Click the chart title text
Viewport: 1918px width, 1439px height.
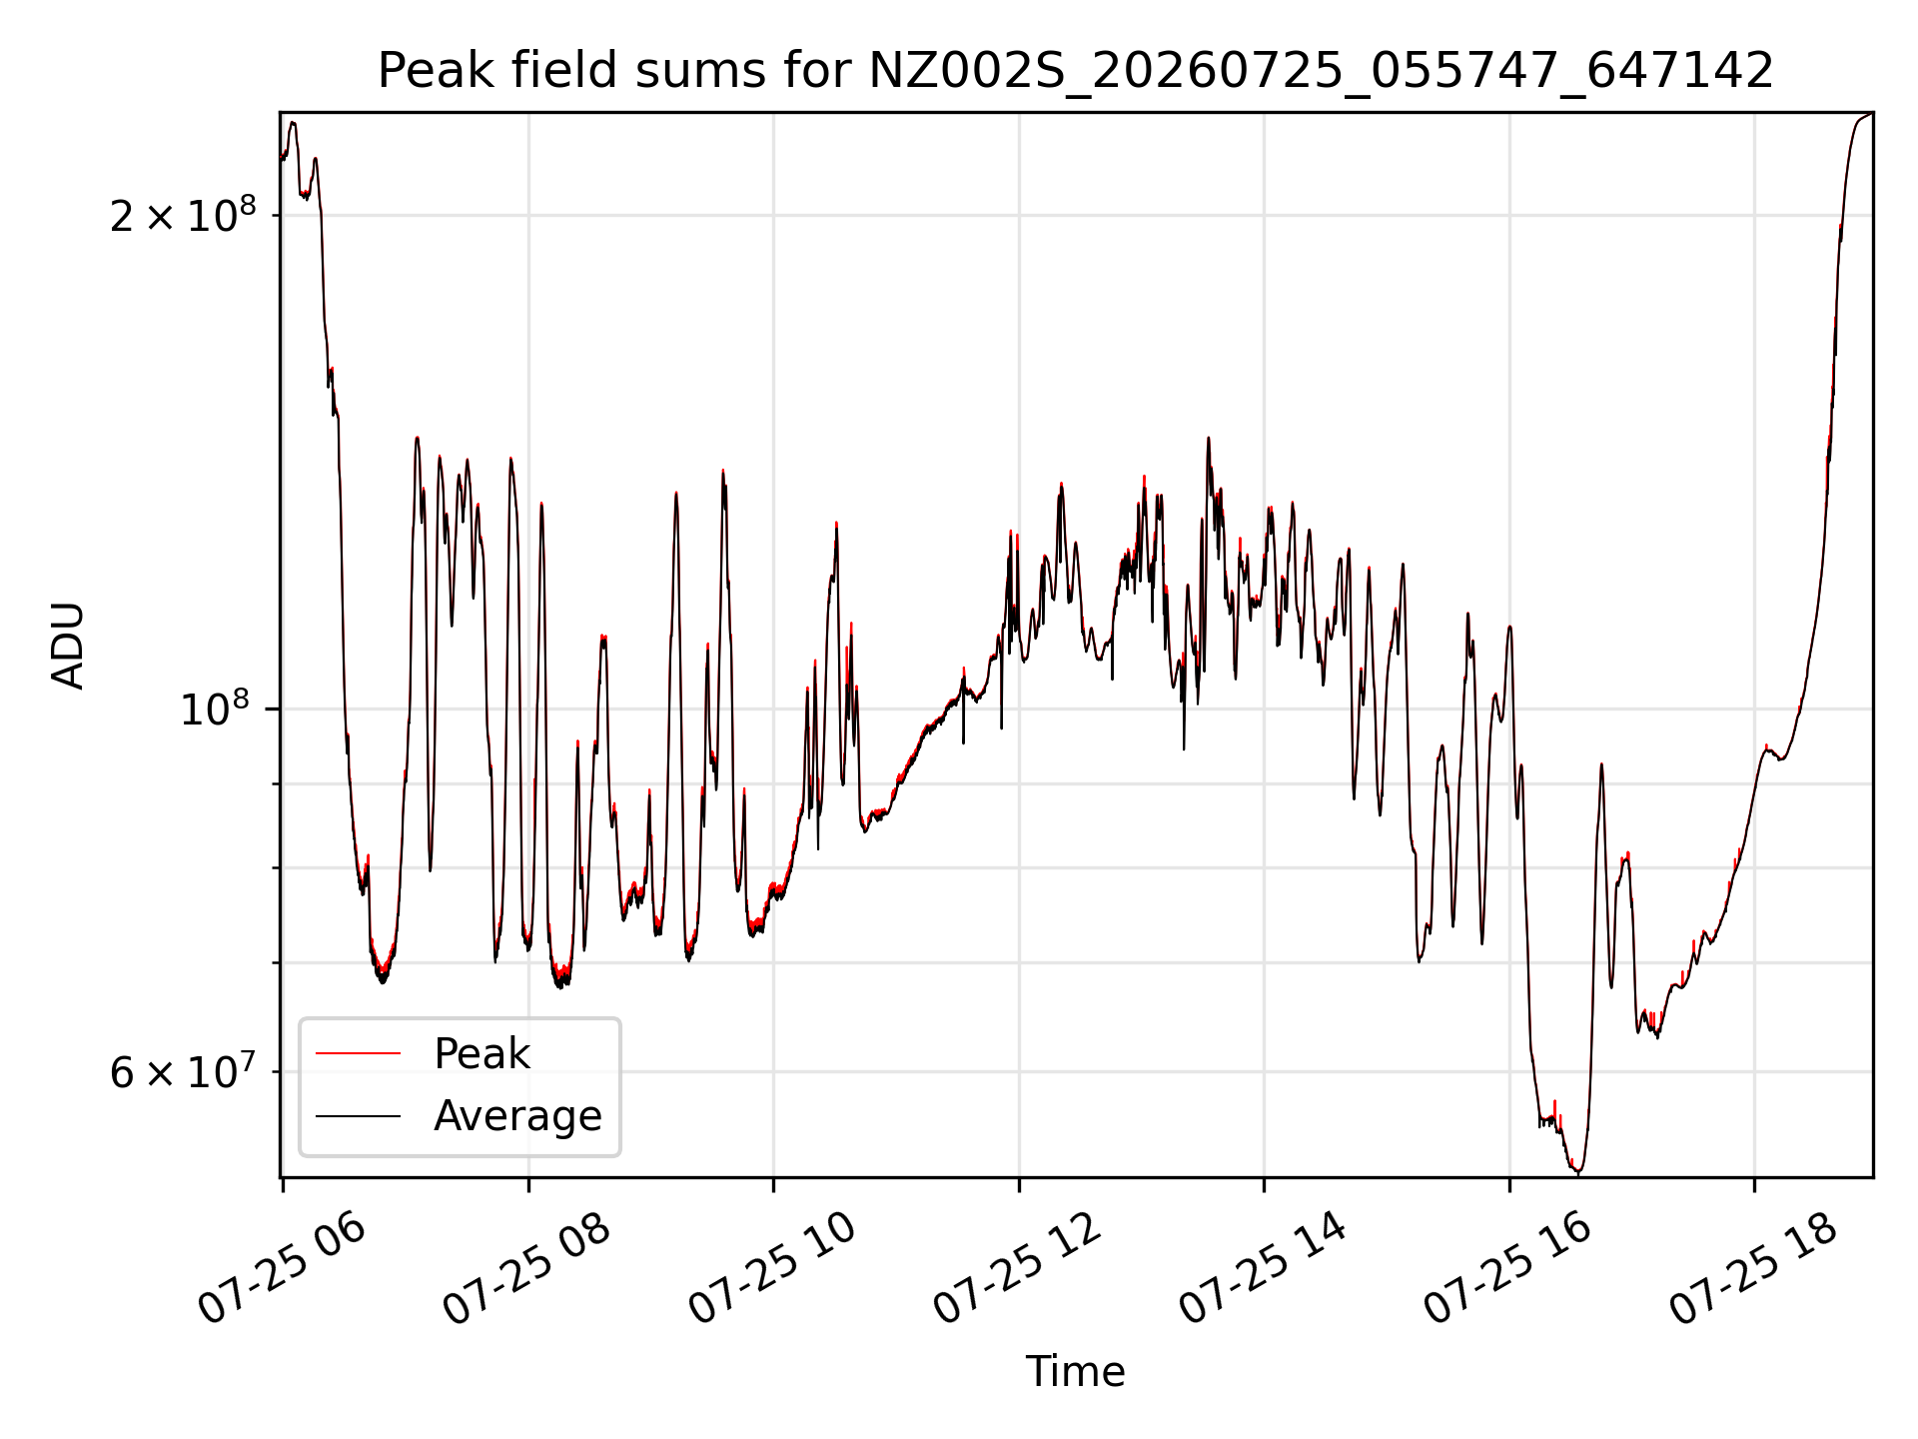(x=1076, y=72)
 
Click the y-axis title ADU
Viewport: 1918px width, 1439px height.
(x=68, y=646)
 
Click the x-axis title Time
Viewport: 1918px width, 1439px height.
(x=1076, y=1372)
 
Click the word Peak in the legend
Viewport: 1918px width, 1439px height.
(x=481, y=1054)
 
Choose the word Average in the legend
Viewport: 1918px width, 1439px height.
(x=517, y=1116)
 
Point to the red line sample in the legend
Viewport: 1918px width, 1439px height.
(x=358, y=1053)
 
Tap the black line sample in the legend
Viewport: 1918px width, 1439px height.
(x=358, y=1115)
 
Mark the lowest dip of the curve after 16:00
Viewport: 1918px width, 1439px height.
(x=1577, y=1172)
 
